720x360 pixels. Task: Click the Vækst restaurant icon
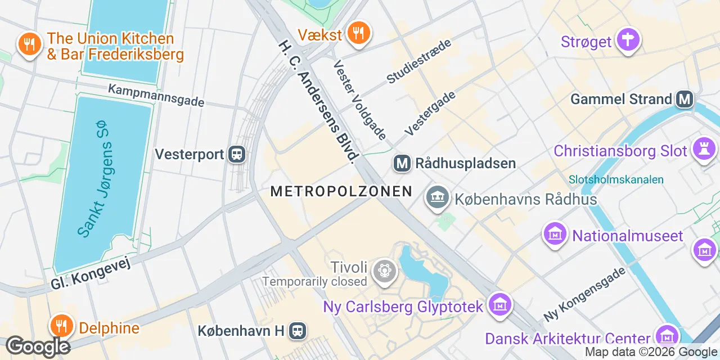357,33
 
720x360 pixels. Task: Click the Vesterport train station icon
237,154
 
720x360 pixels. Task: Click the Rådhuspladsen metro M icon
402,164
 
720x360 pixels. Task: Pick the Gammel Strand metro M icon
685,100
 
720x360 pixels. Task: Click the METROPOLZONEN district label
341,191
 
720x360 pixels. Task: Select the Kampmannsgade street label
156,96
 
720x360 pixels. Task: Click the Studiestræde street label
419,61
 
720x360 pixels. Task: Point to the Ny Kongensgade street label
584,294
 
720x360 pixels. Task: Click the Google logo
38,346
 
